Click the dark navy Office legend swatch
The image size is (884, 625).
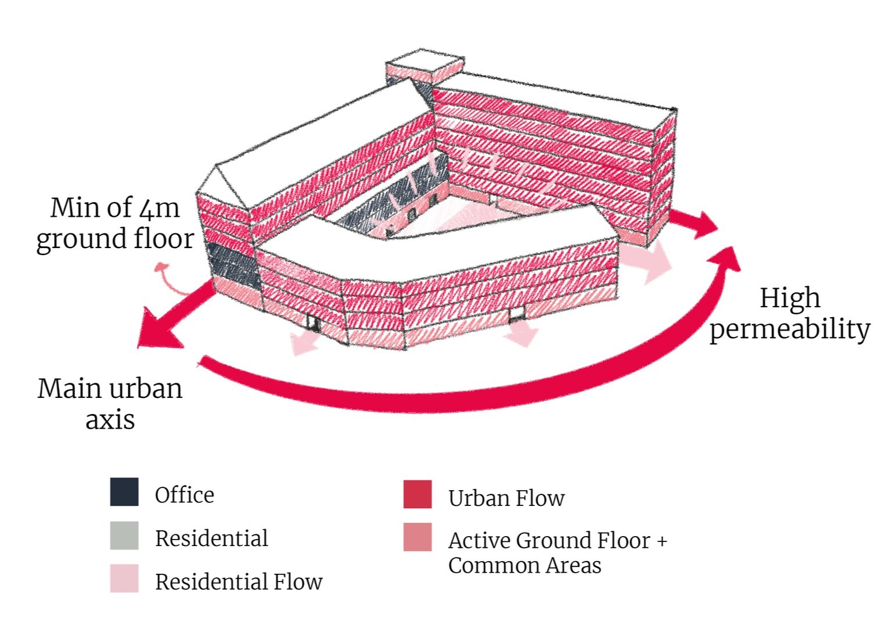(124, 492)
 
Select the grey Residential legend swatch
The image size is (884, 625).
(124, 536)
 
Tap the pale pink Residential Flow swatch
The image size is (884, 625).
(124, 579)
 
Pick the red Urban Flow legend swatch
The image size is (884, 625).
(418, 494)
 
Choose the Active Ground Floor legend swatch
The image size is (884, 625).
(418, 537)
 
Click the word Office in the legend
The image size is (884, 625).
(184, 495)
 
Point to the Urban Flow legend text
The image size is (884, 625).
(506, 498)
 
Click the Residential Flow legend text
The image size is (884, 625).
(238, 581)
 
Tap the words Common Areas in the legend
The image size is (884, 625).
(524, 565)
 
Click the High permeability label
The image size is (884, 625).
(790, 314)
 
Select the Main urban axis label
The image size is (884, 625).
(110, 403)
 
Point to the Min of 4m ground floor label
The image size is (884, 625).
(114, 223)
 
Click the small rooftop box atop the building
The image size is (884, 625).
(425, 68)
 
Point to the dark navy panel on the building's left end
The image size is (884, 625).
(231, 265)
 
